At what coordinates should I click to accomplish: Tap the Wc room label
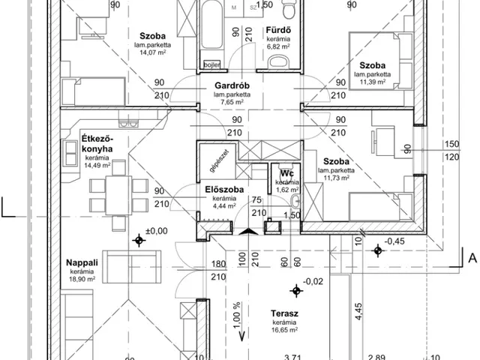pos(285,172)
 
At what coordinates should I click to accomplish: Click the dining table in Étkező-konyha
pos(116,194)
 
